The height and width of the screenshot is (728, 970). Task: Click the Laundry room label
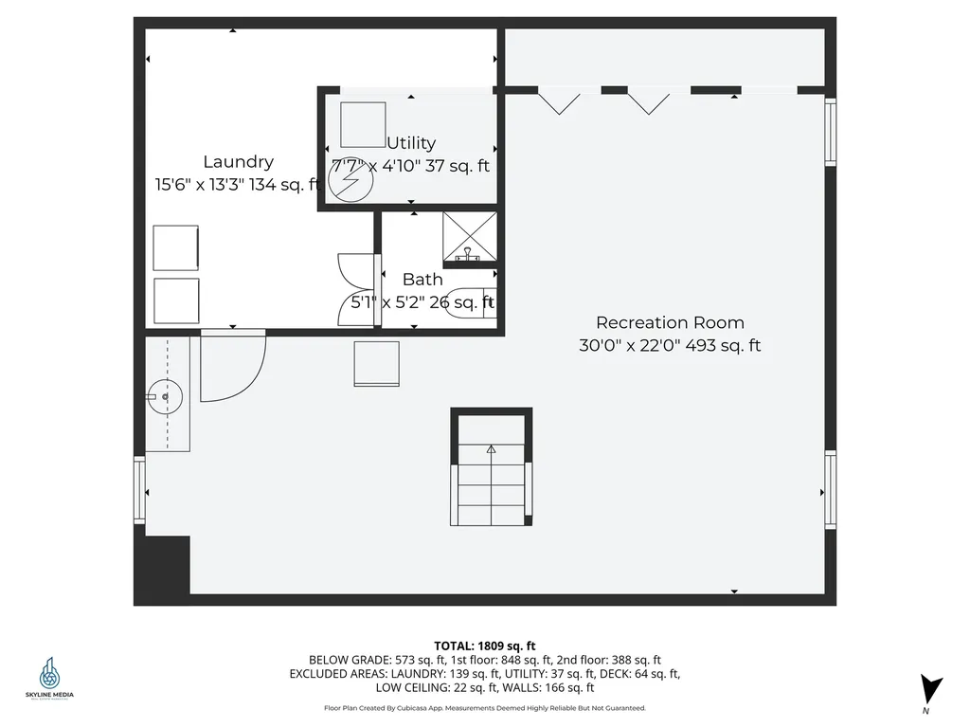point(238,162)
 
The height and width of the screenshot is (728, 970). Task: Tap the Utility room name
point(411,143)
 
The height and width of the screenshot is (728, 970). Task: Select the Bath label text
point(422,280)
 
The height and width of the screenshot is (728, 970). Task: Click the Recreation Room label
point(670,322)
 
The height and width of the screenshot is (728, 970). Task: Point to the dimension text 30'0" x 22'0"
point(629,346)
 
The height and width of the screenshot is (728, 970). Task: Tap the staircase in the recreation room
point(491,483)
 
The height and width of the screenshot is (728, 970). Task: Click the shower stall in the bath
point(470,235)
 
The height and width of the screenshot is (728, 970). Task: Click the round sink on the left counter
point(165,396)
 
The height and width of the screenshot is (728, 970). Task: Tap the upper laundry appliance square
point(176,248)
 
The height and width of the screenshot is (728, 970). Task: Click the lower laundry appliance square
point(176,301)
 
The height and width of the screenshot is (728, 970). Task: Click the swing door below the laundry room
point(230,365)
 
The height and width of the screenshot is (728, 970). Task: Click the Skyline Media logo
point(49,679)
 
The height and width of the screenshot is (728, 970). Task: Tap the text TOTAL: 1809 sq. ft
point(485,646)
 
